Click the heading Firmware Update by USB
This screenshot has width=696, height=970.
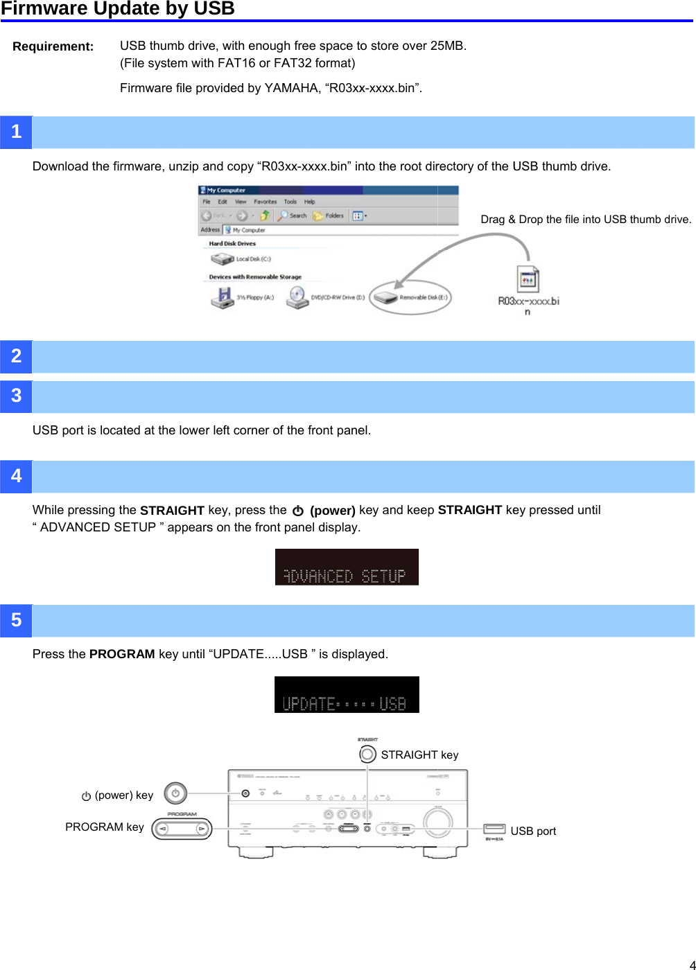pyautogui.click(x=118, y=9)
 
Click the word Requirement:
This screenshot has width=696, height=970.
pyautogui.click(x=53, y=46)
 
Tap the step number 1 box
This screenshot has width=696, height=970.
pyautogui.click(x=16, y=132)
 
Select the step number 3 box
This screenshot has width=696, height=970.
pyautogui.click(x=16, y=396)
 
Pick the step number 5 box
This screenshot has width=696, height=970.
pyautogui.click(x=16, y=620)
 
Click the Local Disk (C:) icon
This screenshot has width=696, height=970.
pyautogui.click(x=223, y=259)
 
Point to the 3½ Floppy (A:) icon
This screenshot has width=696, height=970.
pyautogui.click(x=223, y=297)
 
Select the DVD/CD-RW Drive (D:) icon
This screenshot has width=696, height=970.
pyautogui.click(x=297, y=297)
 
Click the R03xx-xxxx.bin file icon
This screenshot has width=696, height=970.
pyautogui.click(x=528, y=279)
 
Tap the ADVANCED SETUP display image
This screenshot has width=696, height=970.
pyautogui.click(x=347, y=567)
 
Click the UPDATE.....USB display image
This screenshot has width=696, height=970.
pyautogui.click(x=347, y=694)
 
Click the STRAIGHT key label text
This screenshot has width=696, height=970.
pyautogui.click(x=419, y=755)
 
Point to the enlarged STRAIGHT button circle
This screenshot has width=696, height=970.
pyautogui.click(x=367, y=754)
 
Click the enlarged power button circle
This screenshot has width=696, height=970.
pyautogui.click(x=175, y=793)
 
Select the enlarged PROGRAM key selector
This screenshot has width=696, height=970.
pyautogui.click(x=182, y=828)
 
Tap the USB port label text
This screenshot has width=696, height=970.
pyautogui.click(x=533, y=831)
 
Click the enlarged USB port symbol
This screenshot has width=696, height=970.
pyautogui.click(x=494, y=829)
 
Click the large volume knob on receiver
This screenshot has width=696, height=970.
pyautogui.click(x=437, y=821)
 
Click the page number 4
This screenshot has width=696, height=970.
pyautogui.click(x=691, y=964)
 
